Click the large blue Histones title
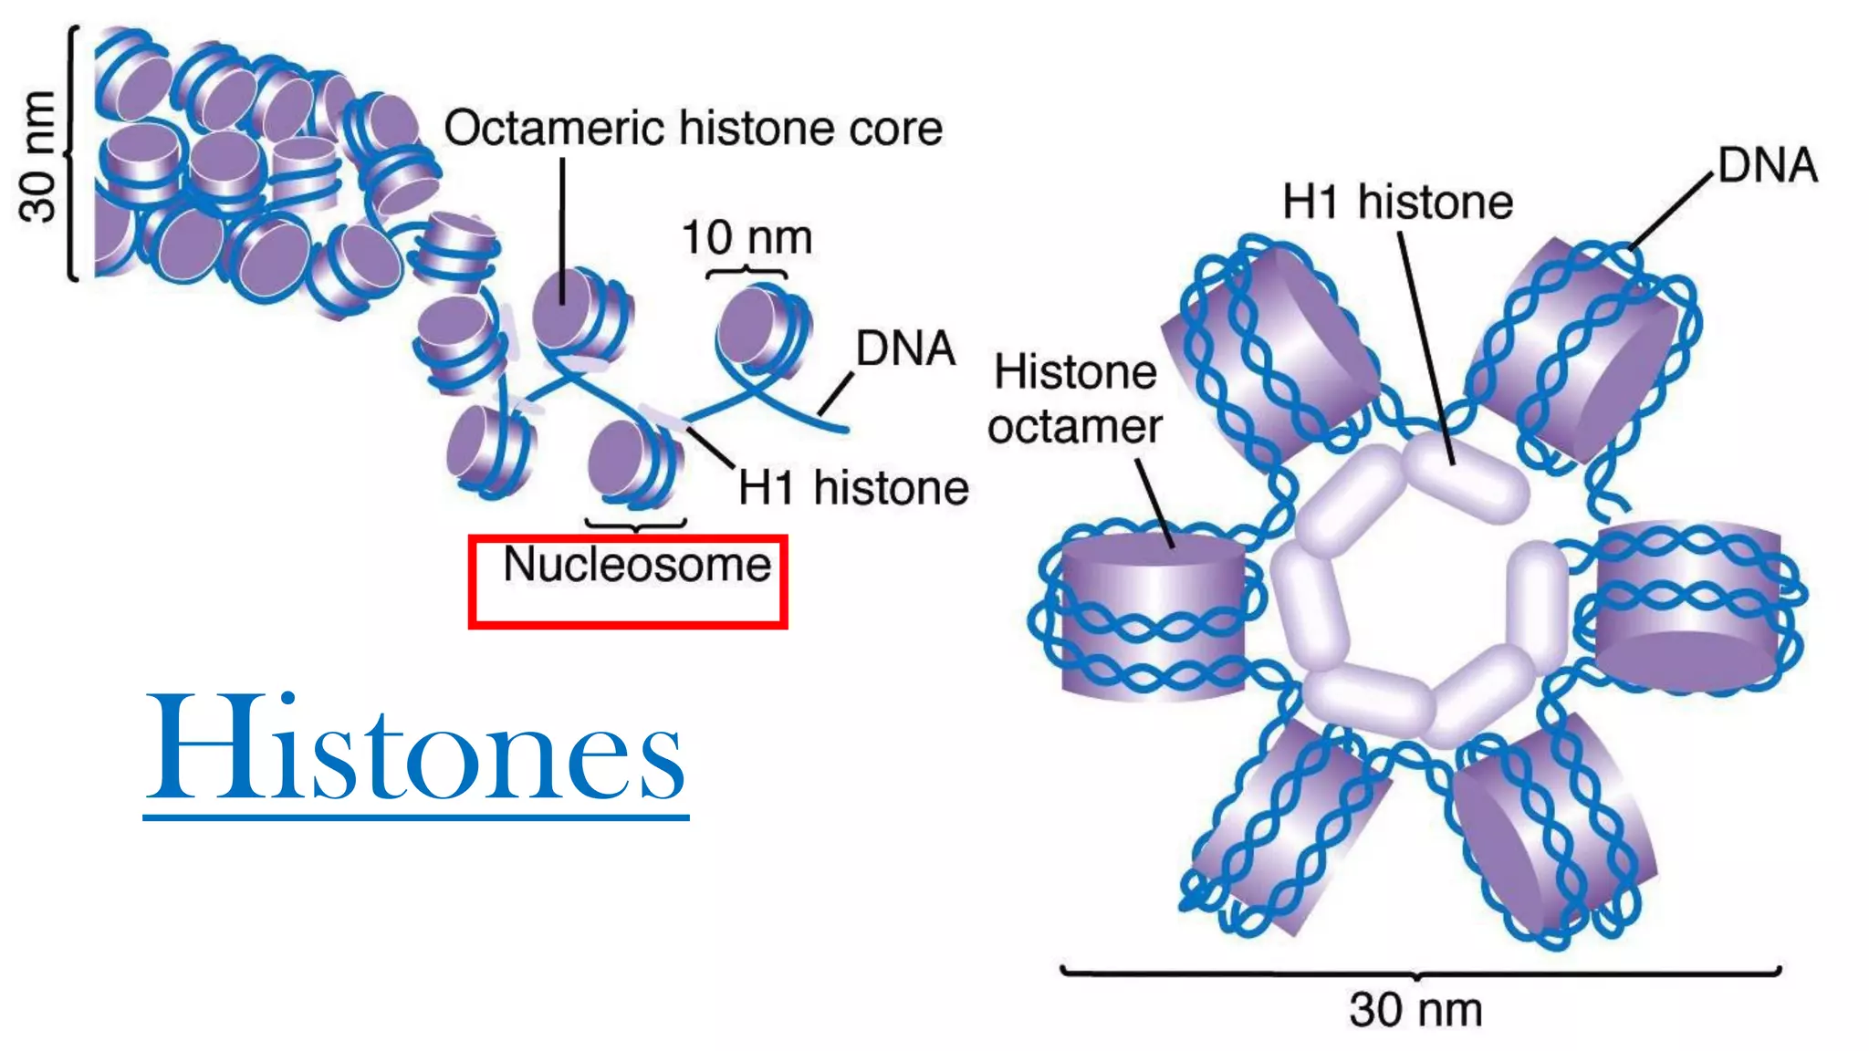pyautogui.click(x=415, y=748)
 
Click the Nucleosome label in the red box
pyautogui.click(x=637, y=565)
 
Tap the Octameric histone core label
pyautogui.click(x=693, y=129)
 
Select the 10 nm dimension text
pyautogui.click(x=747, y=238)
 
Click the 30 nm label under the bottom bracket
pyautogui.click(x=1415, y=1010)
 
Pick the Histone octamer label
pyautogui.click(x=1075, y=400)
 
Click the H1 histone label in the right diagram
pyautogui.click(x=1397, y=202)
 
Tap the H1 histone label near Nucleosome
pyautogui.click(x=853, y=487)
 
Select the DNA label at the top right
pyautogui.click(x=1768, y=166)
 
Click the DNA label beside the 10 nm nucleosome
pyautogui.click(x=905, y=349)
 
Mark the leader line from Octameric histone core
pyautogui.click(x=562, y=228)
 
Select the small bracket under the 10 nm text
pyautogui.click(x=747, y=272)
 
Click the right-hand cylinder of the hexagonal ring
pyautogui.click(x=1688, y=602)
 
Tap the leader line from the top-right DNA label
pyautogui.click(x=1670, y=212)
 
